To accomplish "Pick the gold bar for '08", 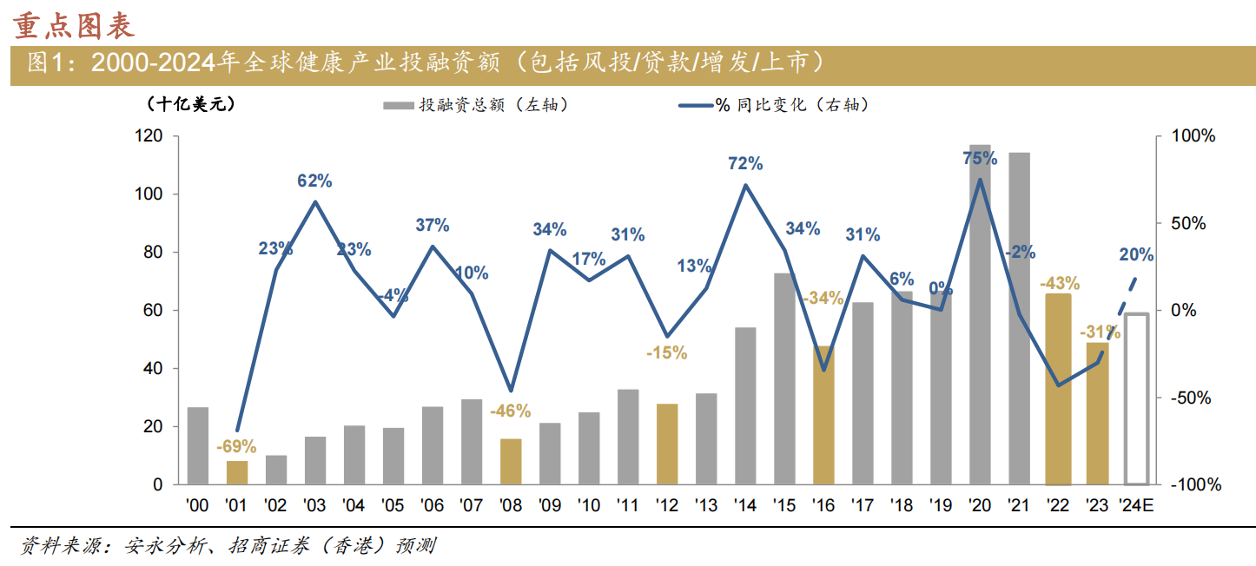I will pyautogui.click(x=511, y=462).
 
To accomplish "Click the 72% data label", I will pyautogui.click(x=745, y=163).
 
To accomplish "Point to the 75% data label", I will pyautogui.click(x=980, y=158).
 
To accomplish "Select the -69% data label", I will pyautogui.click(x=236, y=446).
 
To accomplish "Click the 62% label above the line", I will pyautogui.click(x=314, y=181).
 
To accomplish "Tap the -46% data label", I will pyautogui.click(x=510, y=411).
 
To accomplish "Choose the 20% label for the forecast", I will pyautogui.click(x=1136, y=254).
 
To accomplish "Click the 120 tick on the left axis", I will pyautogui.click(x=151, y=136).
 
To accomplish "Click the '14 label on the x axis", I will pyautogui.click(x=744, y=505).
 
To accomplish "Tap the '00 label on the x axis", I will pyautogui.click(x=197, y=505).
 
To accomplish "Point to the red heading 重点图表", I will pyautogui.click(x=75, y=26).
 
